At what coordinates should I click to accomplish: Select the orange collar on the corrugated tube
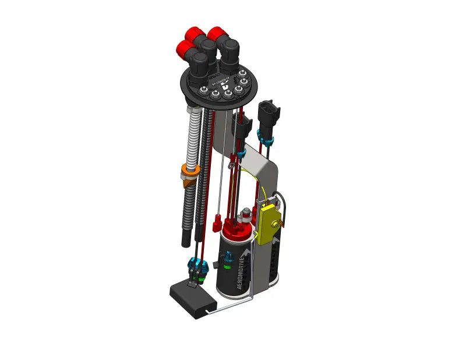188,173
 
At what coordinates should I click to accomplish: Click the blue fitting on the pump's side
228,256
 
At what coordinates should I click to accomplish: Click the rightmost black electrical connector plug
267,114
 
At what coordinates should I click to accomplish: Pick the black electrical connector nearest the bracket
241,125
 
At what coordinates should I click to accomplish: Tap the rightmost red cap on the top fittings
218,33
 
